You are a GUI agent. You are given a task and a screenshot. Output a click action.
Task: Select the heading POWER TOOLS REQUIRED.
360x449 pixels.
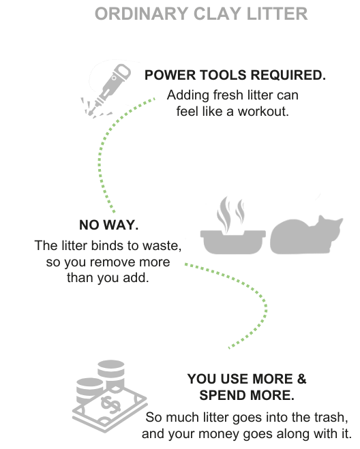pos(235,75)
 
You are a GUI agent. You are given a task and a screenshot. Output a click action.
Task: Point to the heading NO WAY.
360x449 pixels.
pos(109,225)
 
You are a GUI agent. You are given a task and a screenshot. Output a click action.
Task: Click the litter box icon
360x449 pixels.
pos(232,241)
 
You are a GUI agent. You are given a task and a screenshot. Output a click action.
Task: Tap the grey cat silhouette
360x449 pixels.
pos(306,236)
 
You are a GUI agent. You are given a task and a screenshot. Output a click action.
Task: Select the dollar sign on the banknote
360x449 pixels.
pos(110,404)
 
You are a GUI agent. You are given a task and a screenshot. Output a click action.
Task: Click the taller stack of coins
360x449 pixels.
pos(111,373)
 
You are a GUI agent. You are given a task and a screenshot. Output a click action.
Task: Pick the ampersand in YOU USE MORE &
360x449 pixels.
pos(301,379)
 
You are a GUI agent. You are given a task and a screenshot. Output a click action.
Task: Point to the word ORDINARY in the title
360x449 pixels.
pos(142,14)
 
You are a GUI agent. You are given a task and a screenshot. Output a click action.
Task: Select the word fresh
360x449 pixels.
pos(228,95)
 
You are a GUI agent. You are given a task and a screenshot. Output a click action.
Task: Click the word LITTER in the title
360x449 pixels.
pos(277,14)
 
